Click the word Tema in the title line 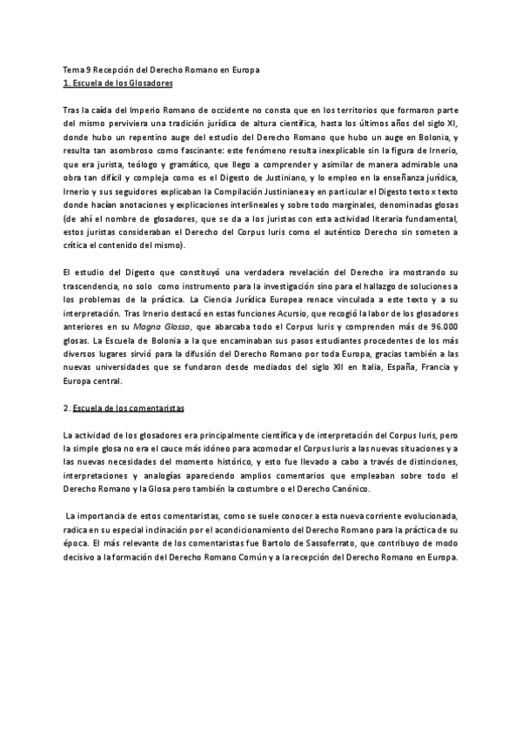(x=72, y=69)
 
